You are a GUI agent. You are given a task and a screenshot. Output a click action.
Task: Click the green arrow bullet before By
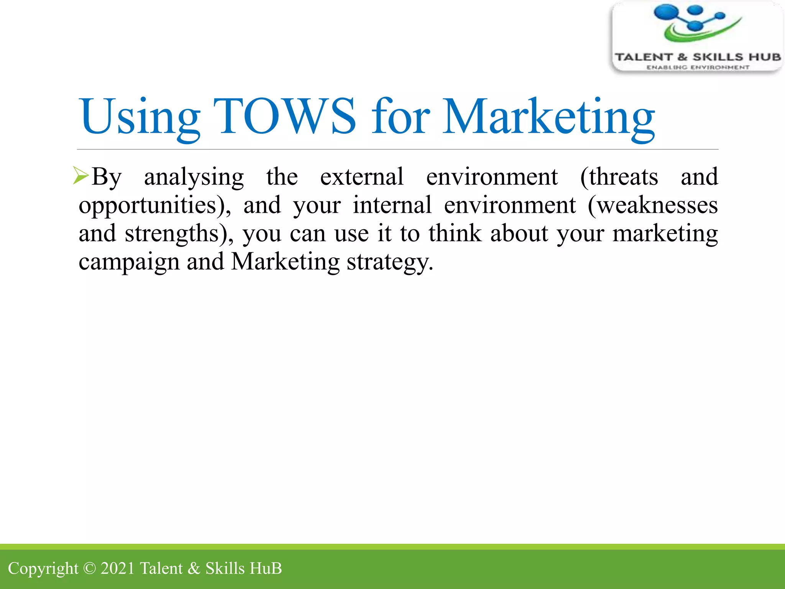81,176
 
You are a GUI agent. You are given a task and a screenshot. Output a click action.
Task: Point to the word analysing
194,177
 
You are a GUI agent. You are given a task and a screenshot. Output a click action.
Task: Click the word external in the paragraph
362,177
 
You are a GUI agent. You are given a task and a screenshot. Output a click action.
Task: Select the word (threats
619,177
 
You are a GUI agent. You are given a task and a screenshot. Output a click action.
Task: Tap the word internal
392,205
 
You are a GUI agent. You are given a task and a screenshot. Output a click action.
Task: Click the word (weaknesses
653,205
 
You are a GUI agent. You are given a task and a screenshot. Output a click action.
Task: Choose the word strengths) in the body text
179,234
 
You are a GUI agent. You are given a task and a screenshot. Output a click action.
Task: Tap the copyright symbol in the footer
89,568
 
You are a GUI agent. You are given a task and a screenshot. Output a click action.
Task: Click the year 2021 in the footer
118,568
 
